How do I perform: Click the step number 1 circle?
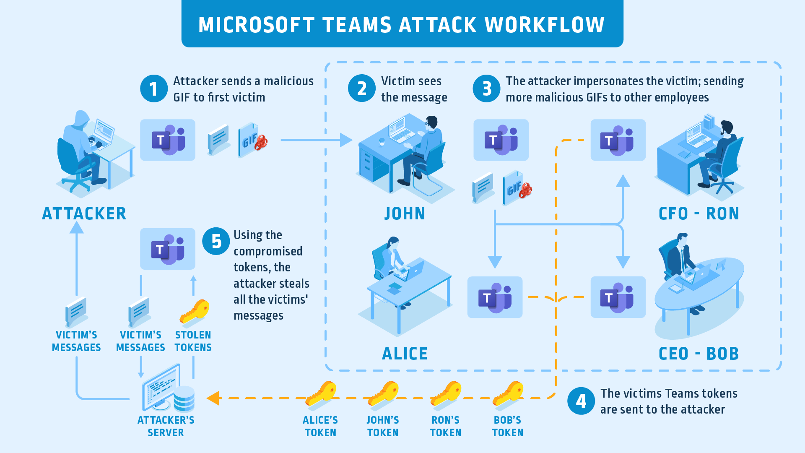tap(153, 89)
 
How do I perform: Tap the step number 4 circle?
tap(581, 401)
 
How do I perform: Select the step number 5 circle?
tap(216, 242)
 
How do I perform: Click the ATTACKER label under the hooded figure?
tap(84, 214)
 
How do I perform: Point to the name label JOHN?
tap(405, 214)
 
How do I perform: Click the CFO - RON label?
tap(699, 214)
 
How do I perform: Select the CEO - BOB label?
tap(699, 354)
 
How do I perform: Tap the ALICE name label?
tap(405, 354)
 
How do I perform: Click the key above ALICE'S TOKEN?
tap(321, 394)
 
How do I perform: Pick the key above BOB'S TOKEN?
tap(508, 394)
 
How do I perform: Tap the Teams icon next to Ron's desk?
tap(618, 140)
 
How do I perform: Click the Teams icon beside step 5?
tap(168, 249)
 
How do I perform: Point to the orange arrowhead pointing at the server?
tap(213, 398)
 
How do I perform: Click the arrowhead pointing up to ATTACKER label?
tap(77, 227)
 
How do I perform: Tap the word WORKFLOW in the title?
tap(545, 25)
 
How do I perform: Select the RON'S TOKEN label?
tap(445, 426)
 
